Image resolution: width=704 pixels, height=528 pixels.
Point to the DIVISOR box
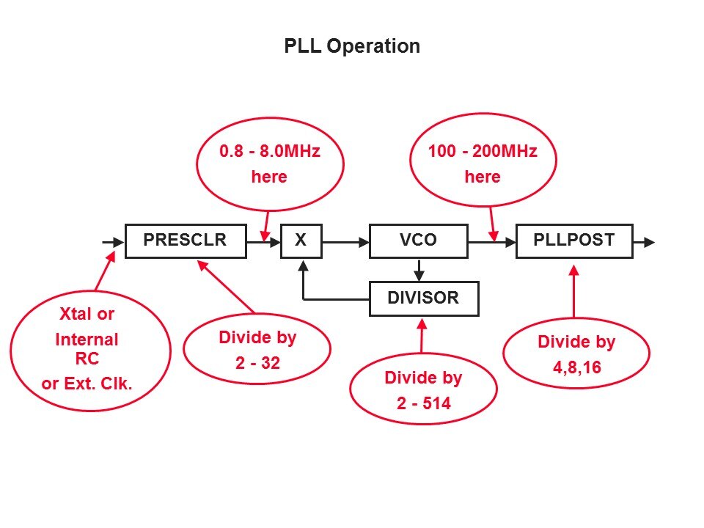423,298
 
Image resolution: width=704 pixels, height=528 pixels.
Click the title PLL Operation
352,46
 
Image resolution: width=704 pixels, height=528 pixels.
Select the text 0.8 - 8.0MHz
271,152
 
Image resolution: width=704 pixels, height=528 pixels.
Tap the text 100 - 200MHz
483,152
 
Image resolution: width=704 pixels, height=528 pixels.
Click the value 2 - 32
258,362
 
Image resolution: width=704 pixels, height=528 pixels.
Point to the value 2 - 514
423,403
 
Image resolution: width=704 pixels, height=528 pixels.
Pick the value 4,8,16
576,367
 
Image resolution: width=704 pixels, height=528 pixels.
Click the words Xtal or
87,315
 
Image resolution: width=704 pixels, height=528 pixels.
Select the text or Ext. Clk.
87,383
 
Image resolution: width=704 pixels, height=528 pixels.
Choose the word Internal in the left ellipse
87,340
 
